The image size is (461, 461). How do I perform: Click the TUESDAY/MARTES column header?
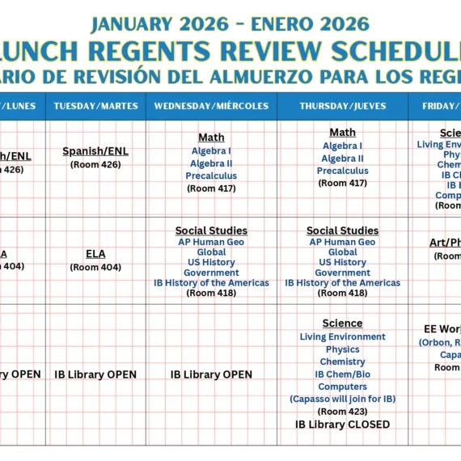click(x=95, y=106)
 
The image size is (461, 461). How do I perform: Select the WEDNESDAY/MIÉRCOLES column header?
click(x=211, y=106)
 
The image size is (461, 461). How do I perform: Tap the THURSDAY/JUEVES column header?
click(x=342, y=106)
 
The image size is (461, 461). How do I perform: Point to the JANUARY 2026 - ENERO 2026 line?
click(x=230, y=23)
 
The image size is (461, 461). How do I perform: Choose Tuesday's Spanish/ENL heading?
click(x=95, y=151)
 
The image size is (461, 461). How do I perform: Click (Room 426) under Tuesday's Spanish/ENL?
click(x=95, y=165)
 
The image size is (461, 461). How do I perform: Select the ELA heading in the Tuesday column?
click(x=95, y=254)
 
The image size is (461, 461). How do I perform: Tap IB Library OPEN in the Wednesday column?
click(x=211, y=374)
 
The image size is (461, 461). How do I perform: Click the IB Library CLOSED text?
click(x=342, y=424)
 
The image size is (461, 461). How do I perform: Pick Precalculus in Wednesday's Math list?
click(x=211, y=176)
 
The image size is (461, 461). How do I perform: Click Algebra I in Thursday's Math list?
click(x=342, y=146)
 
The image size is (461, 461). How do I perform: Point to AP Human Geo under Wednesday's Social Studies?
click(x=211, y=242)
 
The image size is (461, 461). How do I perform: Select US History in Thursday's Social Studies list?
click(x=342, y=262)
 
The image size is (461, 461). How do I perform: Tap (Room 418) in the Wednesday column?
click(x=211, y=293)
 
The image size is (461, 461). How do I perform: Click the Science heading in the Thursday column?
click(x=342, y=324)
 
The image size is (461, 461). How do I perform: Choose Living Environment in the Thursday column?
click(x=342, y=336)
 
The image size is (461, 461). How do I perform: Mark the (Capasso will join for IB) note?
click(x=342, y=399)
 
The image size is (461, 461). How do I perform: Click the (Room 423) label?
click(x=342, y=411)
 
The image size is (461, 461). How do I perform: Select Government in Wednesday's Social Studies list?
click(x=211, y=273)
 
